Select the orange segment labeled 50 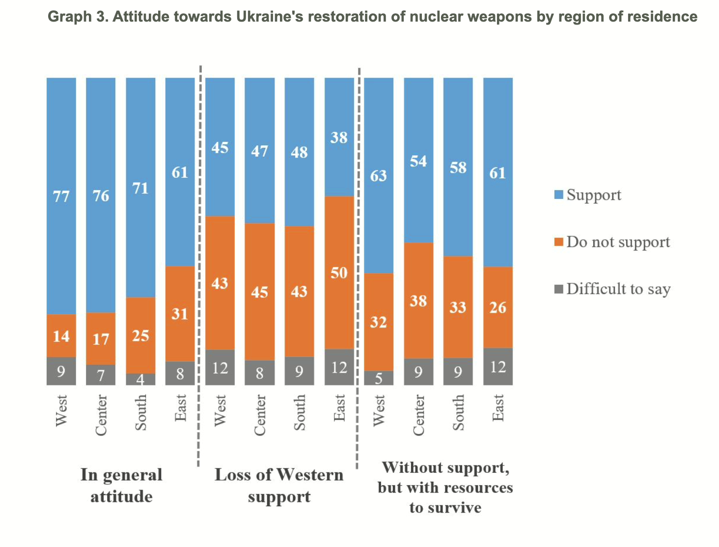point(339,273)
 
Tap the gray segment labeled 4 point(140,379)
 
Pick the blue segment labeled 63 point(379,175)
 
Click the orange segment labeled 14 point(61,335)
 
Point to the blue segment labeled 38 point(339,137)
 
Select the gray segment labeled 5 point(379,378)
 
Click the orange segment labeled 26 point(498,307)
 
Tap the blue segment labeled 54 point(418,160)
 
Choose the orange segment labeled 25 point(140,335)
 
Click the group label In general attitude point(121,485)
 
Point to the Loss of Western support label point(279,485)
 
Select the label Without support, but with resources point(445,487)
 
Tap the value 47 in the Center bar point(260,151)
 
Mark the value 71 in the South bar point(140,188)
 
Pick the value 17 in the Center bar point(101,339)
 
